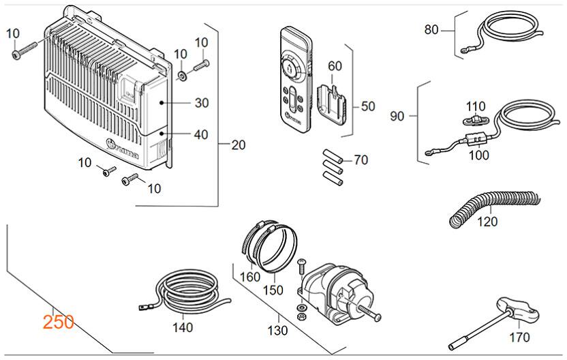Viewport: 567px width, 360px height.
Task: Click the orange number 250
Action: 58,322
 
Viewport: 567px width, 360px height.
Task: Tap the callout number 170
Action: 520,337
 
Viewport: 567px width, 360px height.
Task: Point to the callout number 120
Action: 487,221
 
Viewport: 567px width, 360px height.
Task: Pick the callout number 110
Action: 475,106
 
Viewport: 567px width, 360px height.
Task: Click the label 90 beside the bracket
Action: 397,116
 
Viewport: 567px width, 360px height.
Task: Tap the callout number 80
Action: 432,30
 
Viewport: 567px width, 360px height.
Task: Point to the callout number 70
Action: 361,160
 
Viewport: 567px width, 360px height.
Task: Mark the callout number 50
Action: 368,106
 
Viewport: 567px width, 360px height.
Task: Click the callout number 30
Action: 201,103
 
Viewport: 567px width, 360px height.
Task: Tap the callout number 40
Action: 201,134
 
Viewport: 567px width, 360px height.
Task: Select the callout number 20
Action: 238,145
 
